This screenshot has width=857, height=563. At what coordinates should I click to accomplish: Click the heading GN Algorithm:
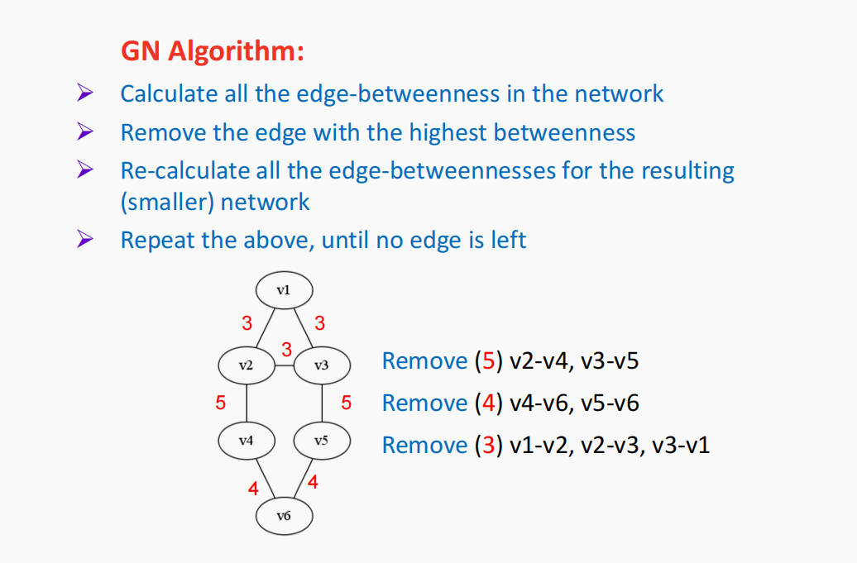pyautogui.click(x=213, y=51)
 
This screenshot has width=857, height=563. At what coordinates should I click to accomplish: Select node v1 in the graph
pyautogui.click(x=284, y=289)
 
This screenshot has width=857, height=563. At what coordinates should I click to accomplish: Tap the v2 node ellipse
pyautogui.click(x=246, y=365)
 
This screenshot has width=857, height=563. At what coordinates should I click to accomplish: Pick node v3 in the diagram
pyautogui.click(x=322, y=365)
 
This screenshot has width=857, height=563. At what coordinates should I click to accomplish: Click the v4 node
pyautogui.click(x=246, y=441)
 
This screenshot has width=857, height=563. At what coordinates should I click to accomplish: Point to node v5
pyautogui.click(x=322, y=441)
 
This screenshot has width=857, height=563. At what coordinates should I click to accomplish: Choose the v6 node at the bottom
pyautogui.click(x=284, y=516)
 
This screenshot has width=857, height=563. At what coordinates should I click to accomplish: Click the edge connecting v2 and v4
pyautogui.click(x=246, y=403)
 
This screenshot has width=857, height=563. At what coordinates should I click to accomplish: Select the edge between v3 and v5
pyautogui.click(x=322, y=403)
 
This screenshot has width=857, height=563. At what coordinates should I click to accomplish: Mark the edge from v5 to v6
pyautogui.click(x=303, y=479)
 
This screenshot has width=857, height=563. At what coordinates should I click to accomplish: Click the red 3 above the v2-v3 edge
pyautogui.click(x=286, y=349)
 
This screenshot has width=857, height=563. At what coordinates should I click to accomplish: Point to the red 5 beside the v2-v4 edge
pyautogui.click(x=220, y=403)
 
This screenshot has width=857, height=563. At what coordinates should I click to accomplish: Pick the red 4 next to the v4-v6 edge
pyautogui.click(x=253, y=489)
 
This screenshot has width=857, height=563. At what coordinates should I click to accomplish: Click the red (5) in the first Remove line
pyautogui.click(x=487, y=361)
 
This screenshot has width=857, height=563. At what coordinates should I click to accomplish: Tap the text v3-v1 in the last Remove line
pyautogui.click(x=681, y=446)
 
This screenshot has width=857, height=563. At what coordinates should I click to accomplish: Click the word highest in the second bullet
pyautogui.click(x=444, y=132)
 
